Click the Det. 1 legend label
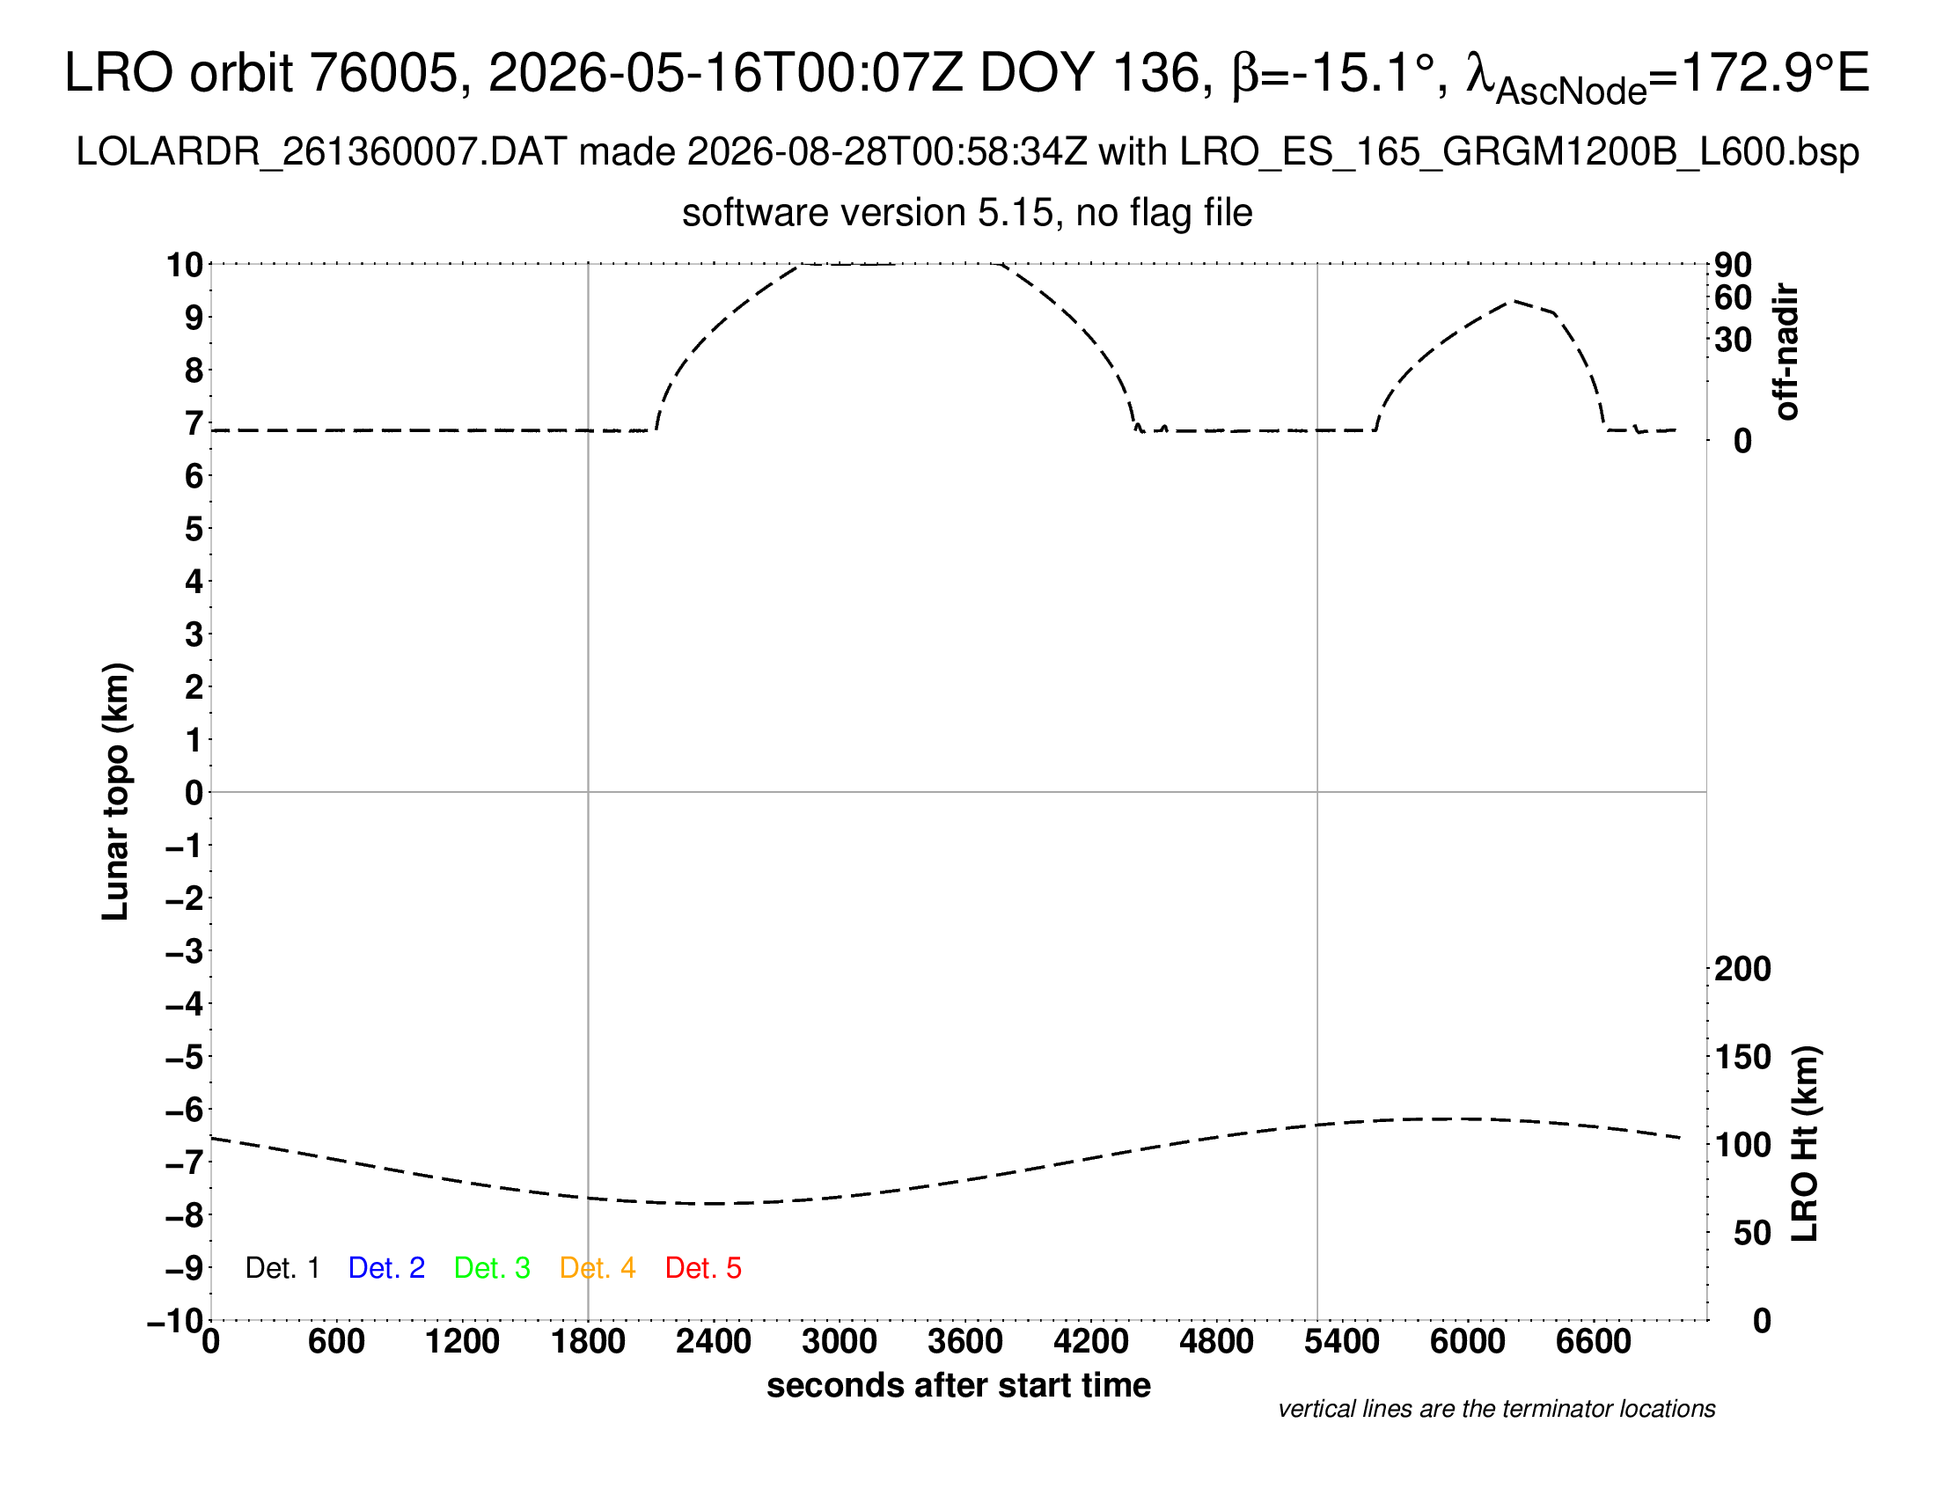coord(282,1268)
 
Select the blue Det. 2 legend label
coord(386,1268)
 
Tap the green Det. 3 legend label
coord(492,1268)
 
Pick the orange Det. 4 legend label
coord(598,1268)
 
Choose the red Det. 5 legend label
coord(703,1268)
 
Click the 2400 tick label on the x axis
coord(714,1341)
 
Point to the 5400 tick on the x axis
coord(1342,1341)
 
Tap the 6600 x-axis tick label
coord(1594,1341)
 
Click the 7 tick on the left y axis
coord(194,422)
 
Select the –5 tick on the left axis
coord(185,1056)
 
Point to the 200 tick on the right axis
coord(1742,969)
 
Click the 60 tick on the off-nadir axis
coord(1733,297)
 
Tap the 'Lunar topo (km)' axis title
coord(115,791)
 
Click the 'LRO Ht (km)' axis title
coord(1805,1144)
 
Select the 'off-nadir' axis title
coord(1787,352)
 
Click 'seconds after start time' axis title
coord(958,1385)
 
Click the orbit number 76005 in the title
coord(390,73)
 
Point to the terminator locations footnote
coord(1496,1409)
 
